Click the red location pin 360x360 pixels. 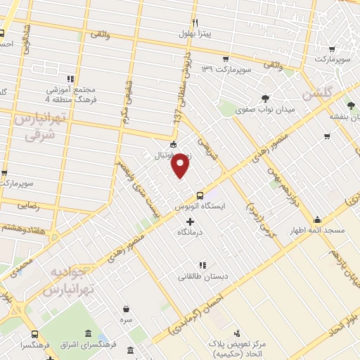point(181,165)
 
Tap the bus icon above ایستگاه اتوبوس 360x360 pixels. point(200,195)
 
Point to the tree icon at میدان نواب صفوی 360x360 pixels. point(265,98)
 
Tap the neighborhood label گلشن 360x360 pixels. point(316,94)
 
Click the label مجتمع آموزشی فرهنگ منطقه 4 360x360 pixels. point(70,90)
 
